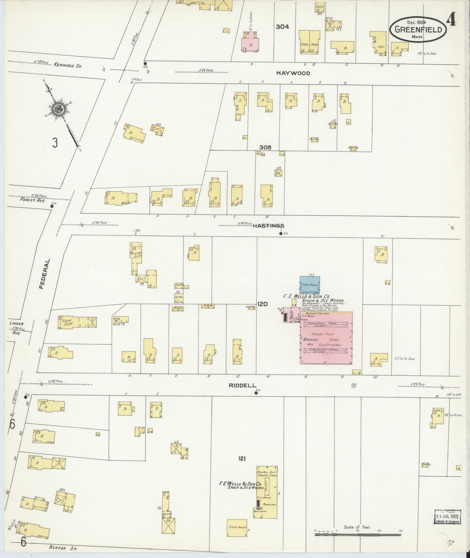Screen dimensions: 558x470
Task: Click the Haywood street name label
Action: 293,73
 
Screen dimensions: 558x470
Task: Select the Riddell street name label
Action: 242,385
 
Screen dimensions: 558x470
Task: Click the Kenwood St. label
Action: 67,66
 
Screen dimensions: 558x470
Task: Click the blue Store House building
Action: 310,285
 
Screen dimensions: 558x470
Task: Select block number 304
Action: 282,27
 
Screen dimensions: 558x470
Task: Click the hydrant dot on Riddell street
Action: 256,393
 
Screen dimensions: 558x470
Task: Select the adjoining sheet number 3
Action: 55,143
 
